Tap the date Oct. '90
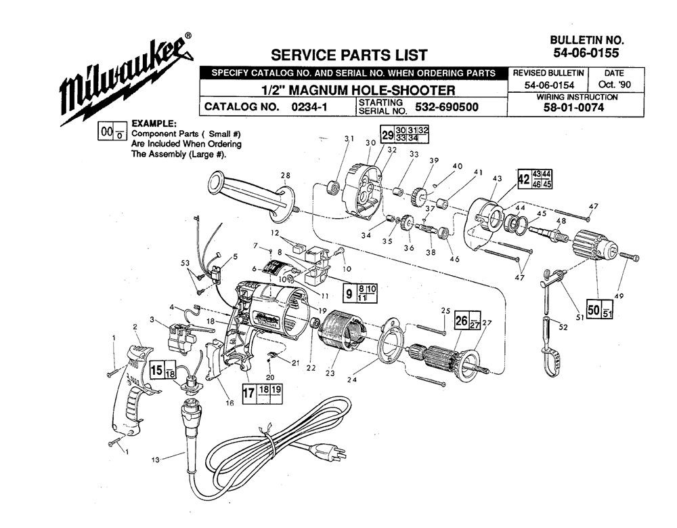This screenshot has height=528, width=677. coord(616,85)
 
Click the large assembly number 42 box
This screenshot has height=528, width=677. coord(523,180)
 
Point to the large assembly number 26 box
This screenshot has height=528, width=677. coord(461,320)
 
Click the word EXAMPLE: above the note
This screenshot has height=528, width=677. coord(154,124)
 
